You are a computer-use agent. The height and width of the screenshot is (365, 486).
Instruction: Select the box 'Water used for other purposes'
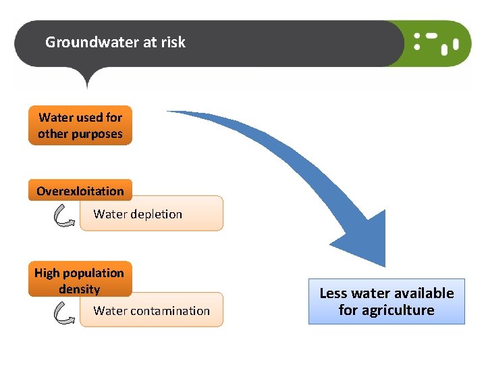tap(80, 125)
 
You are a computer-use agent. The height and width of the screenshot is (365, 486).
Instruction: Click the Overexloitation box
tap(80, 191)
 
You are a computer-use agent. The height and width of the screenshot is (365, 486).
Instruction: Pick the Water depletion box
tap(151, 214)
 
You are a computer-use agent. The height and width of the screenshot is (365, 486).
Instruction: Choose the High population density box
tap(80, 280)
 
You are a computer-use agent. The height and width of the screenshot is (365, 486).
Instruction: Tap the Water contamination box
tap(151, 310)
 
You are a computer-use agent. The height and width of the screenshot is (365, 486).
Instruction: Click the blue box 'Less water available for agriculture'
tap(387, 301)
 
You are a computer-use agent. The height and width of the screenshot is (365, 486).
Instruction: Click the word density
tap(79, 289)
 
